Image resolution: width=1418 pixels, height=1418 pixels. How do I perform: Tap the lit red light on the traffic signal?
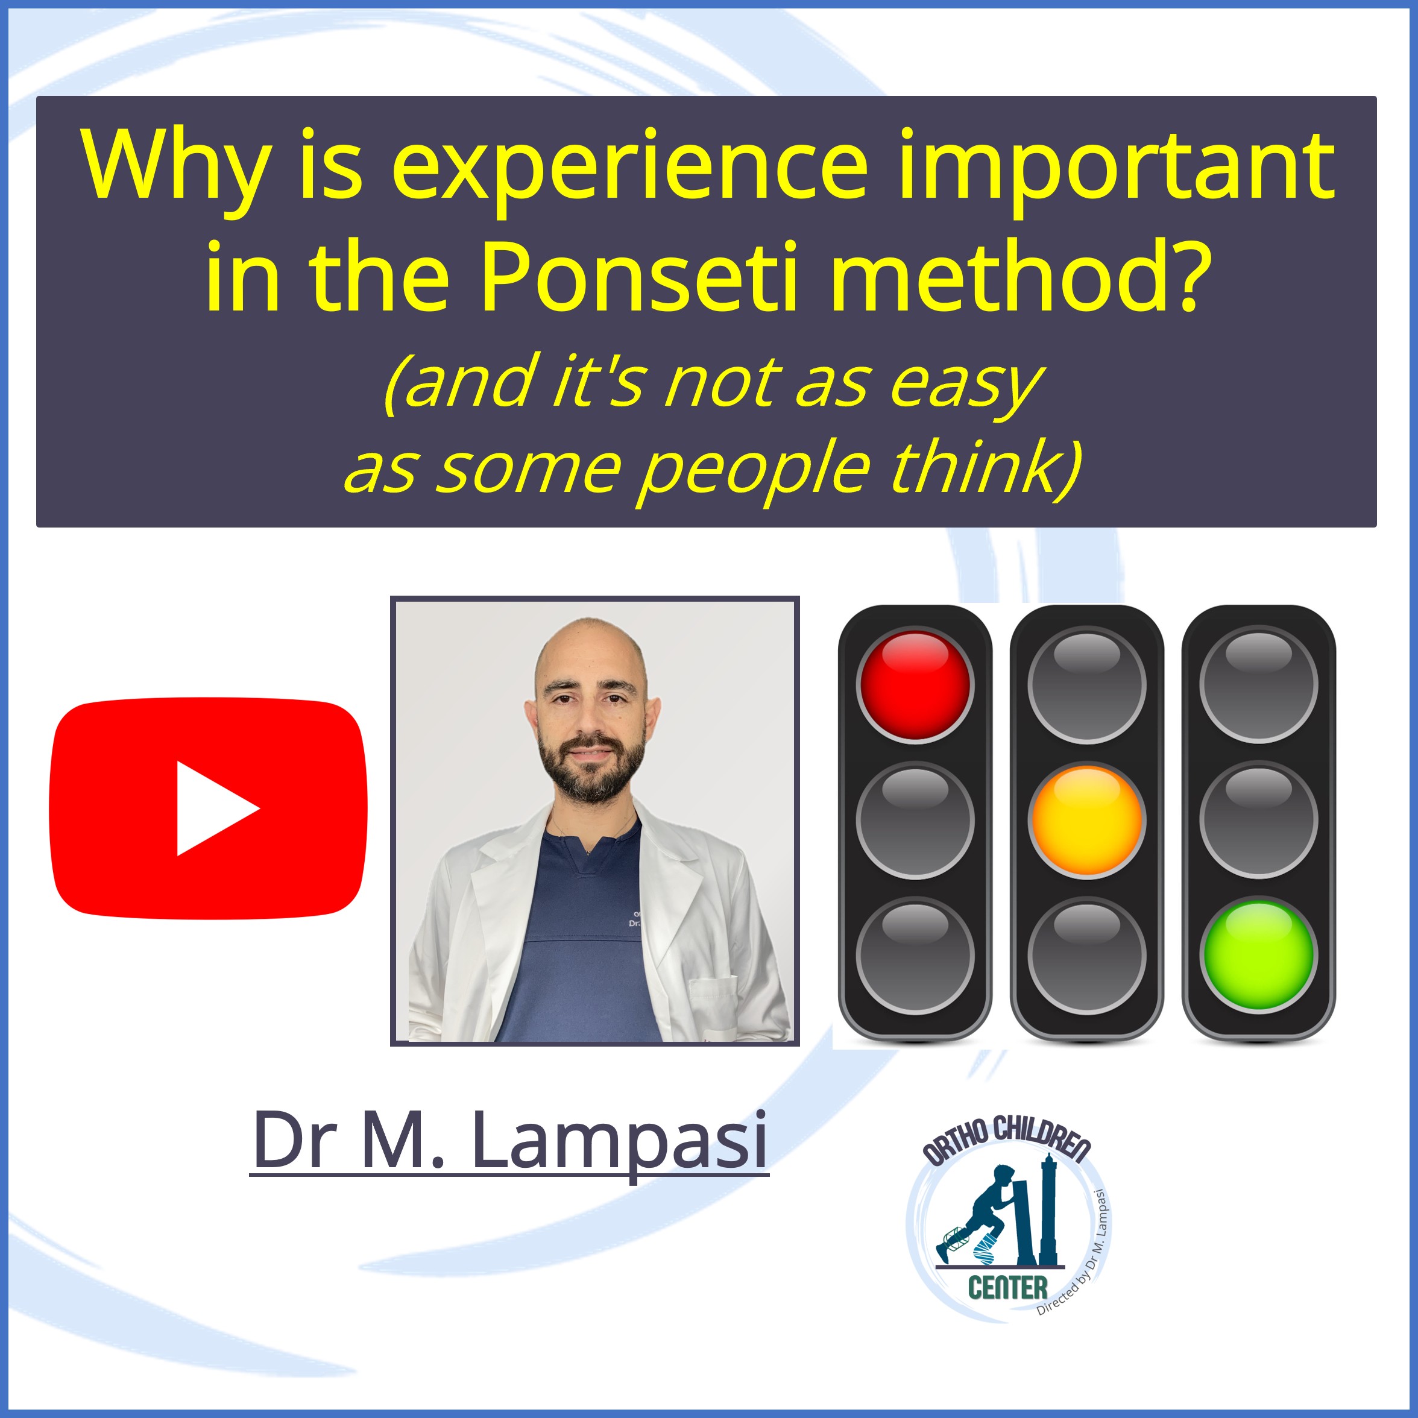(915, 685)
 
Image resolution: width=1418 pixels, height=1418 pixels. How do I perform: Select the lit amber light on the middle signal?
(1087, 820)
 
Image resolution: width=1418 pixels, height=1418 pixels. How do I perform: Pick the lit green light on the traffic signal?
(1259, 955)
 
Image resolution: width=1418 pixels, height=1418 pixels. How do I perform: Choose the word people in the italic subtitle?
(755, 469)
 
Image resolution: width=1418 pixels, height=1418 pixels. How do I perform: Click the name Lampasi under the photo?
(619, 1140)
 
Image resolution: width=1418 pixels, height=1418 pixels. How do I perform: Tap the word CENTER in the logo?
(1007, 1287)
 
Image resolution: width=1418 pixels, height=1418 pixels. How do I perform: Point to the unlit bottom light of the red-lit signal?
(915, 955)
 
